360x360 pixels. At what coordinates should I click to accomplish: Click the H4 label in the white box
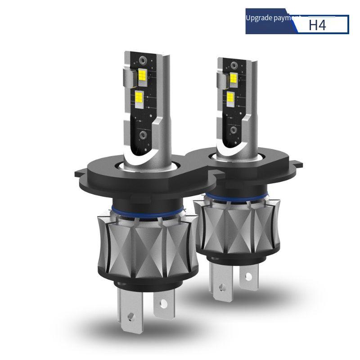click(317, 25)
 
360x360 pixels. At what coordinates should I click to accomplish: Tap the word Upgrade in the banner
click(258, 18)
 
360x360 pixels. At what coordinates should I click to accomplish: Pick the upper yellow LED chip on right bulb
click(234, 77)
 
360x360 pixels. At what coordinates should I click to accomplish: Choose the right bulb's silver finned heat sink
click(234, 225)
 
